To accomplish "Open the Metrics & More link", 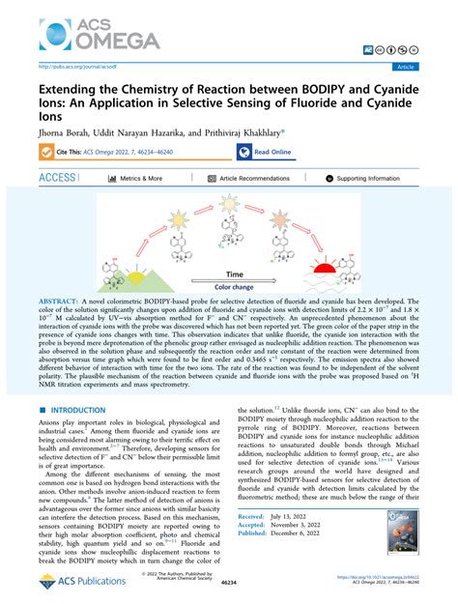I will [141, 179].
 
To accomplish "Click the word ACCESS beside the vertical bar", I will [57, 179].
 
